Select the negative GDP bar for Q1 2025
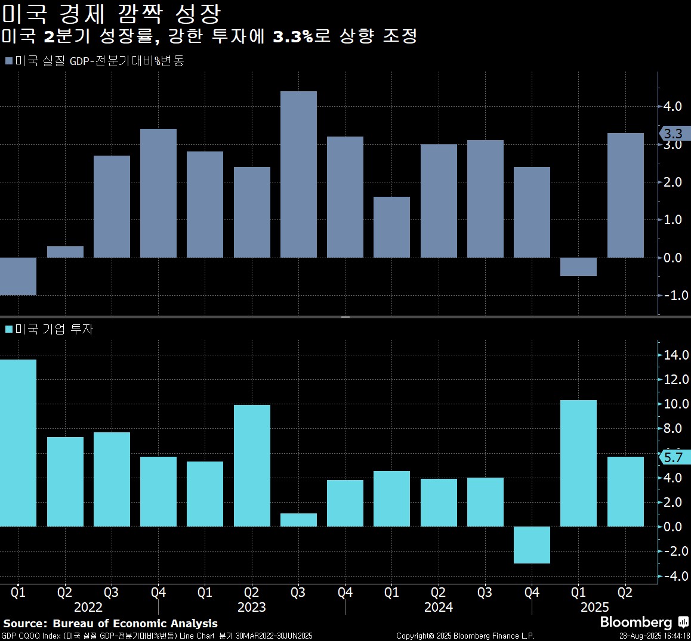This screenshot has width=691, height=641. point(578,267)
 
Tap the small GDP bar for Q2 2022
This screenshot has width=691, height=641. point(65,252)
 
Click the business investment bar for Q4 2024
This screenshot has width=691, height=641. point(532,544)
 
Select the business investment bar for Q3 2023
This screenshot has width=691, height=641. point(298,520)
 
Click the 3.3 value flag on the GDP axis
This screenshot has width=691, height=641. point(674,134)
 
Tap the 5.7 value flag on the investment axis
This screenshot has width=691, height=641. point(674,457)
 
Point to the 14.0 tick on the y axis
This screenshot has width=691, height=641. point(676,355)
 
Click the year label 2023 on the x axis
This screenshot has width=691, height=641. point(252,607)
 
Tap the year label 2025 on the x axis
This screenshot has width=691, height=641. point(594,607)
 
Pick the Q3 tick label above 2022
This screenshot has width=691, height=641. point(111,593)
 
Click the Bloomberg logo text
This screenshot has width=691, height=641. point(636,623)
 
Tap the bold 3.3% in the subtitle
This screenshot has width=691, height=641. point(293,36)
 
